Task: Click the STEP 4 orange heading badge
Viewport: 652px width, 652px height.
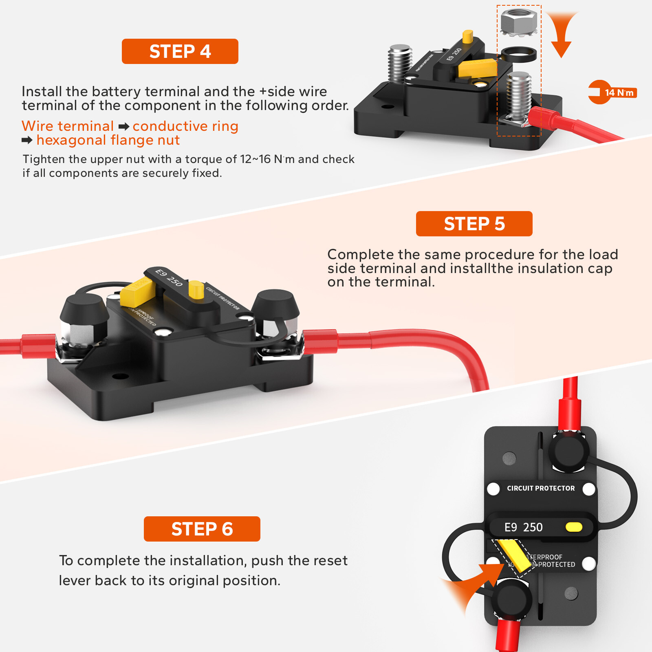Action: tap(180, 51)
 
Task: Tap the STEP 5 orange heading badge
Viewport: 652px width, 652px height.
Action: tap(474, 224)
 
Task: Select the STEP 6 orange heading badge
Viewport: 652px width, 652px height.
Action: tap(202, 529)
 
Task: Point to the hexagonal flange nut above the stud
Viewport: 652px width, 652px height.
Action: tap(518, 22)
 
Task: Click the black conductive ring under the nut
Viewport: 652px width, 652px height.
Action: tap(518, 54)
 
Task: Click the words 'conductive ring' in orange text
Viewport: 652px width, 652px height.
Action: tap(185, 126)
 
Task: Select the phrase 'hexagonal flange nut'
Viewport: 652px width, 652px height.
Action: tap(108, 140)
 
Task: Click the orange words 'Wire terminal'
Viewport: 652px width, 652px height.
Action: tap(68, 126)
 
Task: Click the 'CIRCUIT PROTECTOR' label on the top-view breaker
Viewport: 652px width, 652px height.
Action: tap(540, 488)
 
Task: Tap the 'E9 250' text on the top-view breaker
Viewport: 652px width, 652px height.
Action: tap(523, 527)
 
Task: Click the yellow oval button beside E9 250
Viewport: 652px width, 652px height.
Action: tap(574, 527)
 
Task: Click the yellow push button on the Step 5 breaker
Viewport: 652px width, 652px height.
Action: tap(196, 290)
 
